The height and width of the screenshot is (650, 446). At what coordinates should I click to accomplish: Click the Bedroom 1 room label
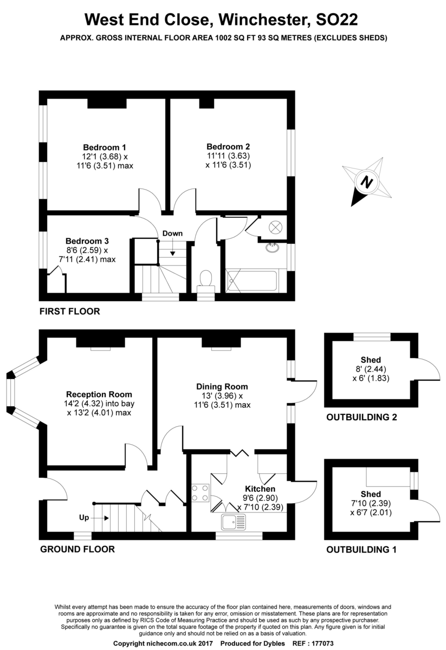(105, 147)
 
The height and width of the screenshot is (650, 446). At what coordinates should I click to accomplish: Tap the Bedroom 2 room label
(228, 146)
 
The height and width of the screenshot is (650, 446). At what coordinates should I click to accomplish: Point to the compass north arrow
(367, 183)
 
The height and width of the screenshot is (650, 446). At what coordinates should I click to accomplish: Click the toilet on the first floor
(205, 280)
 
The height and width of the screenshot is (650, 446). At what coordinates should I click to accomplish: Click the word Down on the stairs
(172, 233)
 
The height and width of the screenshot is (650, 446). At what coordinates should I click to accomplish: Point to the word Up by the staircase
(84, 517)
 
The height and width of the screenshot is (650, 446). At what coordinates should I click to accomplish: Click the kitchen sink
(234, 522)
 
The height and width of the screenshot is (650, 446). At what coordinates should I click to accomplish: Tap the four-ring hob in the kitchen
(200, 492)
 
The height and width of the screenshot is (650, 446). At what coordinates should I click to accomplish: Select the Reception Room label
(99, 394)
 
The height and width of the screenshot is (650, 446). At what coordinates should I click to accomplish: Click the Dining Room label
(222, 387)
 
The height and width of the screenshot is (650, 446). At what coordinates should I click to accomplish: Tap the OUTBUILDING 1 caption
(361, 550)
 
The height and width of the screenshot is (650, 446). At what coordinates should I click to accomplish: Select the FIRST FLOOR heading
(69, 311)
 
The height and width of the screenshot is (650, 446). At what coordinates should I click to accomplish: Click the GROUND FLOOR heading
(77, 549)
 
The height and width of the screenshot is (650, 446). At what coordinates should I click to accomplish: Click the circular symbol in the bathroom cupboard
(275, 227)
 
